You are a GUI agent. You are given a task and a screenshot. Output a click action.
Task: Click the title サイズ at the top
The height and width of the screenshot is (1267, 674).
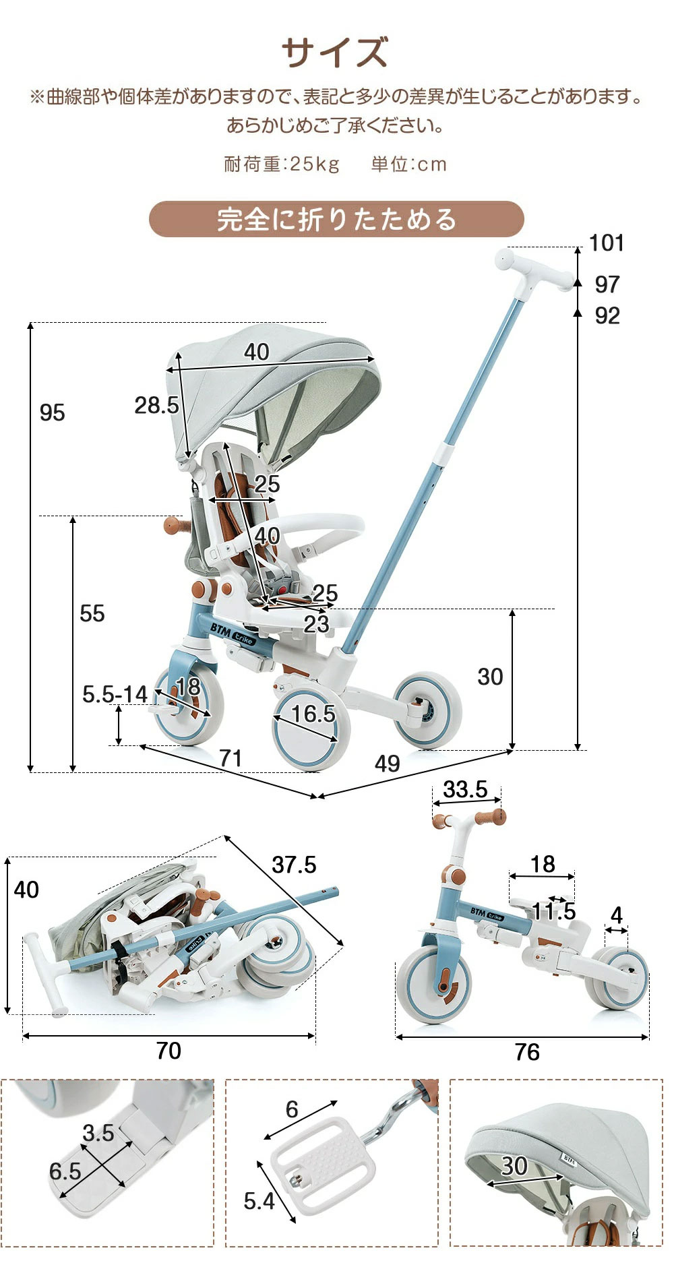[x=335, y=53]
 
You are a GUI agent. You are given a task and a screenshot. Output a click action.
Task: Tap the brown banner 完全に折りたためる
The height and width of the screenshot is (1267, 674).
[x=336, y=220]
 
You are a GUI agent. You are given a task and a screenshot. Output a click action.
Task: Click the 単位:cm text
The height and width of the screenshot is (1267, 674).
[x=408, y=164]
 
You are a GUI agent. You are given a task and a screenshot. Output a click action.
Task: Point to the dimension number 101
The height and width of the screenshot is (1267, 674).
[x=607, y=243]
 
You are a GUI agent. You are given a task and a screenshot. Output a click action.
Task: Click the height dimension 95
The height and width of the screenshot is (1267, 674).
[x=53, y=412]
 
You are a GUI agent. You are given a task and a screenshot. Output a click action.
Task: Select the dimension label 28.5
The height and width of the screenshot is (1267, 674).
[x=156, y=405]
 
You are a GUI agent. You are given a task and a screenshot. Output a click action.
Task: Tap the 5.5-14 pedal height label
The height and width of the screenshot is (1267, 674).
[x=115, y=694]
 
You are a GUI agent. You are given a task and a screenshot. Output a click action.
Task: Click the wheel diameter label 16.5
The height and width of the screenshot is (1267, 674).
[x=313, y=714]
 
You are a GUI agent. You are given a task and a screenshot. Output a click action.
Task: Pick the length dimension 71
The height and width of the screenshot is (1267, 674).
[x=231, y=758]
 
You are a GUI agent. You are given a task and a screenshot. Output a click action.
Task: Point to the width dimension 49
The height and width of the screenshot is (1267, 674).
[x=388, y=764]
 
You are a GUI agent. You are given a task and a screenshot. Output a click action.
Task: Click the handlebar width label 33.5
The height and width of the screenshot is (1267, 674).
[x=465, y=789]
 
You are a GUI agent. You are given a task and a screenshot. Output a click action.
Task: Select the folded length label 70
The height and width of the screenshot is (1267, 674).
[x=168, y=1051]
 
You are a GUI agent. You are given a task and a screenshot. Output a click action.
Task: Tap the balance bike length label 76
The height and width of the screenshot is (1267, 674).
[x=527, y=1052]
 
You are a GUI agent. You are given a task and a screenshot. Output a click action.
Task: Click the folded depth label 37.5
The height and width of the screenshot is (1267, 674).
[x=294, y=865]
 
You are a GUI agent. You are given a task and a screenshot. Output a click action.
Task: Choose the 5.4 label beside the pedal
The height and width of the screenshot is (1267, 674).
[x=259, y=1200]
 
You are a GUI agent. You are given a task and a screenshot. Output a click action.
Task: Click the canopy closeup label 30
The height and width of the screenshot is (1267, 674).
[x=514, y=1166]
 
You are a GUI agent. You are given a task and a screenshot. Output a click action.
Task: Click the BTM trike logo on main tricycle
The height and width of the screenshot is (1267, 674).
[x=233, y=634]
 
